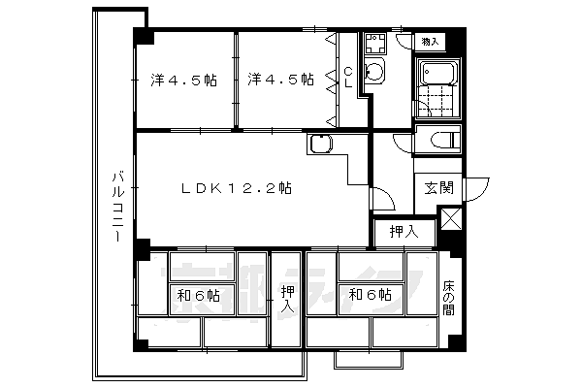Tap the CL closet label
click(x=349, y=77)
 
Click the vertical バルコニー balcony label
click(x=115, y=207)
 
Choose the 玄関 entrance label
click(x=438, y=188)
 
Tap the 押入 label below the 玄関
click(x=404, y=232)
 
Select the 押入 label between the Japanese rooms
click(x=287, y=299)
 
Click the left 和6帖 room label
click(x=198, y=295)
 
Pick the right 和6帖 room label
click(x=370, y=295)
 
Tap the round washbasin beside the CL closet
click(x=374, y=72)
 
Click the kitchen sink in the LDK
click(x=320, y=145)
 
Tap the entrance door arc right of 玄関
click(x=474, y=188)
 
